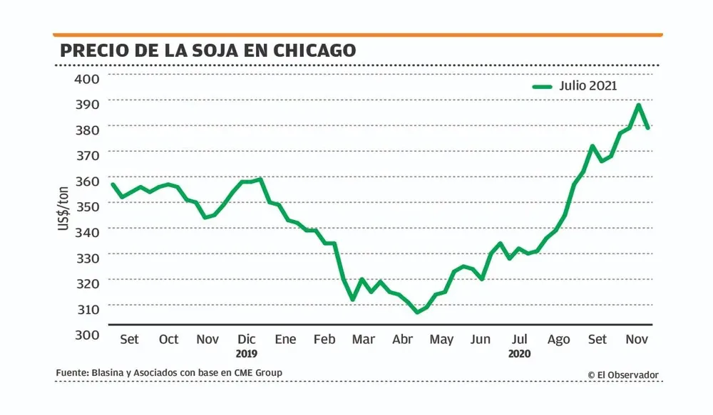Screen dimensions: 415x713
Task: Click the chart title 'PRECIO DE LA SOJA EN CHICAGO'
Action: point(207,51)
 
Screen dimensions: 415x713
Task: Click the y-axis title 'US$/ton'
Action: point(63,206)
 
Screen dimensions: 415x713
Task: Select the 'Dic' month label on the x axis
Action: point(247,339)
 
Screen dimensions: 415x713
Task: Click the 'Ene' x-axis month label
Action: point(285,339)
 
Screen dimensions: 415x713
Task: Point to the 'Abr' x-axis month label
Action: point(402,339)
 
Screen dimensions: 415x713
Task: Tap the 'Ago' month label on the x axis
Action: point(558,339)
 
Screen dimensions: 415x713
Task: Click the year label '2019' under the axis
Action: point(247,353)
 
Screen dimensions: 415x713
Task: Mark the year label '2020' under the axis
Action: point(519,353)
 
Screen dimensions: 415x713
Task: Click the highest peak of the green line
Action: point(638,105)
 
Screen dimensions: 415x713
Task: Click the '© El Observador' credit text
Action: point(623,374)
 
